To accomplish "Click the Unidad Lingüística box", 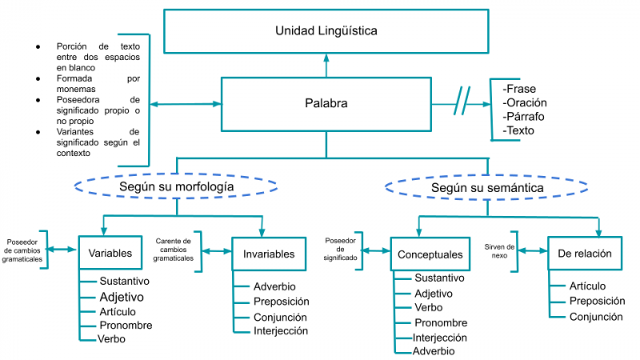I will [326, 31].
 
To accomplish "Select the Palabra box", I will [326, 103].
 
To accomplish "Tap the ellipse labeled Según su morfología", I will [176, 186].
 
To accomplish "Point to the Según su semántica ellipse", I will [488, 187].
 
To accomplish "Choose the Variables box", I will [111, 254].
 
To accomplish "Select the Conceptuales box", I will [430, 254].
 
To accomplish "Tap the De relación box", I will [585, 254].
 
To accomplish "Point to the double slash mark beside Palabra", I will [462, 104].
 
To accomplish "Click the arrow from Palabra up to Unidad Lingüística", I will [326, 65].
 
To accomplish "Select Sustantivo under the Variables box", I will [124, 282].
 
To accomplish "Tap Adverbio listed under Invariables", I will [274, 286].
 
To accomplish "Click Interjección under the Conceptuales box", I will [441, 337].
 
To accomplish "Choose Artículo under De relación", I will [587, 286].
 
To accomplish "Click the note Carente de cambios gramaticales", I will [174, 250].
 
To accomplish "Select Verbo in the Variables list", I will [111, 339].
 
